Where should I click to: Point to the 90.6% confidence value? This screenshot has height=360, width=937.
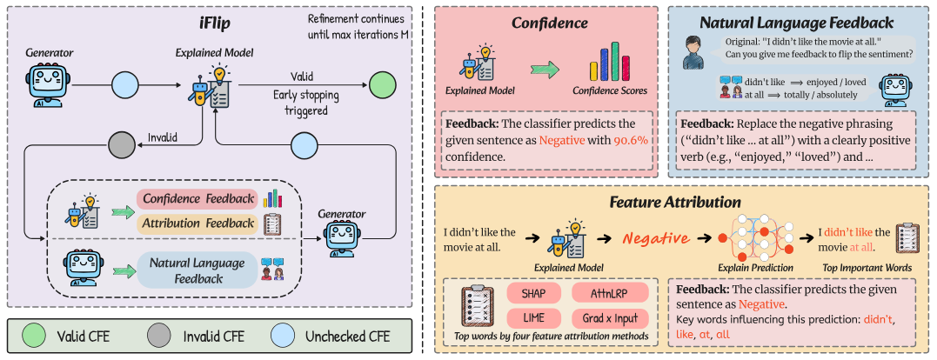tap(629, 141)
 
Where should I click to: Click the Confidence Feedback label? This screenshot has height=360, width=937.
tap(199, 199)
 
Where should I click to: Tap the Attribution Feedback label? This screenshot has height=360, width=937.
tap(199, 223)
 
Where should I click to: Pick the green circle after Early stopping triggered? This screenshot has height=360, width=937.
tap(381, 86)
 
